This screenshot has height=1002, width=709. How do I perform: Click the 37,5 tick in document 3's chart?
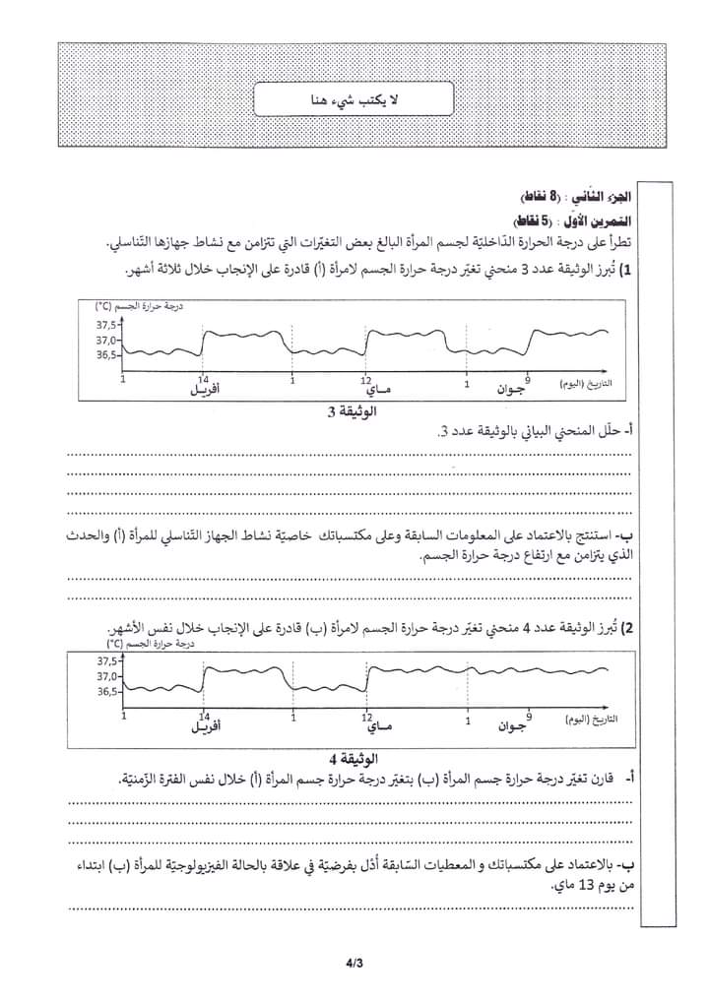pos(105,325)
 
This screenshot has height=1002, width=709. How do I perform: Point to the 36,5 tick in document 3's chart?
pos(105,355)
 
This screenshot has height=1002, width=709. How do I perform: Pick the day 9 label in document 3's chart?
pos(528,379)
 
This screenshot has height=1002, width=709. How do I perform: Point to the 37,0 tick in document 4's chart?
pos(106,676)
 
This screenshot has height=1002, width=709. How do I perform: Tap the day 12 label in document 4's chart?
pos(366,717)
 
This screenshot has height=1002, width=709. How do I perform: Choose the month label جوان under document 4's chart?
pos(513,728)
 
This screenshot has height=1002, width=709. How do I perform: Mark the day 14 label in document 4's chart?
pos(204,717)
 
